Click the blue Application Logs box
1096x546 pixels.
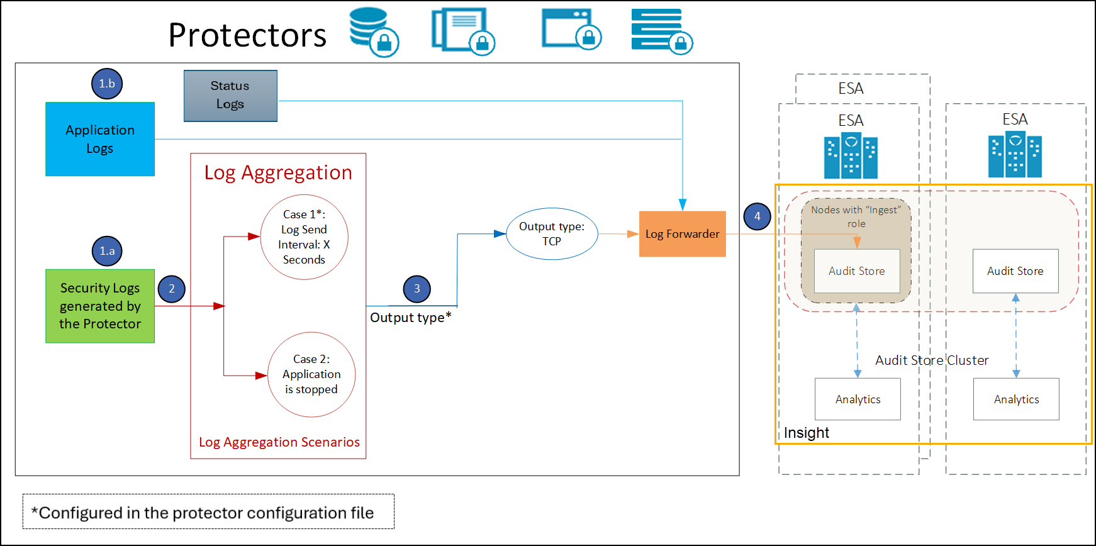click(x=100, y=139)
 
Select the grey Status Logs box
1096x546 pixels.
click(x=230, y=96)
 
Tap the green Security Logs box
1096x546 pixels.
click(x=100, y=306)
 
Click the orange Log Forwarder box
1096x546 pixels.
click(x=682, y=234)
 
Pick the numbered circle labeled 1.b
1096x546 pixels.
click(x=107, y=84)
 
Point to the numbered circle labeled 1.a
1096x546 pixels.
click(x=107, y=251)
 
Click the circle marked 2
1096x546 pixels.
click(x=171, y=289)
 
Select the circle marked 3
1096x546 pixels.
click(x=417, y=289)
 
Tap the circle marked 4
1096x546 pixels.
click(x=757, y=216)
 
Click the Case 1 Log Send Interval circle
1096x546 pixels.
click(x=304, y=237)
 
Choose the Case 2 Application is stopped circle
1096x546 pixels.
click(x=311, y=374)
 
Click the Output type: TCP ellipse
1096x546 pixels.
click(x=552, y=234)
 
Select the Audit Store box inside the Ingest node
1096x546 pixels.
click(x=856, y=271)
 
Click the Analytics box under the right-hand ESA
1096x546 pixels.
click(x=1015, y=399)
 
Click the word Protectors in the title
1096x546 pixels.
click(x=247, y=35)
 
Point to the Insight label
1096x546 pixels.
click(x=806, y=433)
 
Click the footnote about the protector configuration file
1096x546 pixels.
click(x=208, y=512)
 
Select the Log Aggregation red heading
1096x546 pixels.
click(x=278, y=172)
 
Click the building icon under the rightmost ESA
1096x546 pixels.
click(x=1015, y=155)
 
